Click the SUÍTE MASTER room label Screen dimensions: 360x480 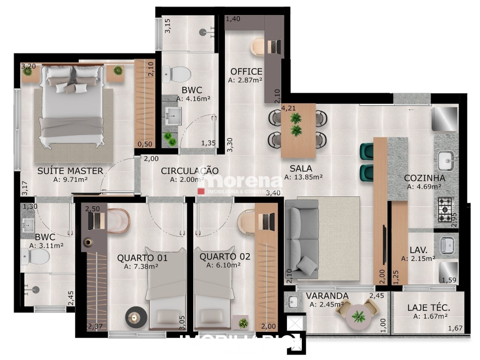pyautogui.click(x=70, y=171)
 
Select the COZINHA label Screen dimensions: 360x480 pyautogui.click(x=425, y=178)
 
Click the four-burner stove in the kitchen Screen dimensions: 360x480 pyautogui.click(x=445, y=206)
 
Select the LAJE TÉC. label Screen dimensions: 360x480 pyautogui.click(x=428, y=308)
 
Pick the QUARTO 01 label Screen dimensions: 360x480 pyautogui.click(x=142, y=257)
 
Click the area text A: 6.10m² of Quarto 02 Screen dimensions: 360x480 pyautogui.click(x=223, y=265)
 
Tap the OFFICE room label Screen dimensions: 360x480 pyautogui.click(x=246, y=72)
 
